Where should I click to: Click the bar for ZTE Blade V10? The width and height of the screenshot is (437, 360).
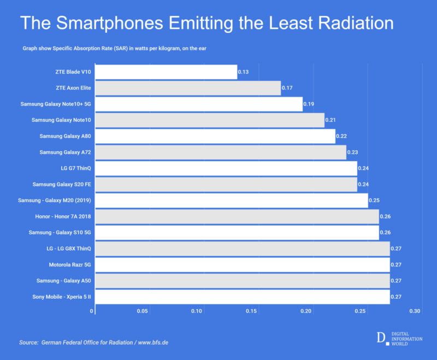167,72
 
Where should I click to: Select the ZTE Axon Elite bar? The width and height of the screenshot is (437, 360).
188,88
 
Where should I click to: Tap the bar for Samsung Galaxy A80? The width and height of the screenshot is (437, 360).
216,136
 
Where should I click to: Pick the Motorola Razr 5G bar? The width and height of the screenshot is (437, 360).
243,265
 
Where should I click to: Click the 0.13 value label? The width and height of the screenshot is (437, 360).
244,72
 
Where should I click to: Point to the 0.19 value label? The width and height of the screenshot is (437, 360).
309,104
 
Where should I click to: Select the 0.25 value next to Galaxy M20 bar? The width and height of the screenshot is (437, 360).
374,200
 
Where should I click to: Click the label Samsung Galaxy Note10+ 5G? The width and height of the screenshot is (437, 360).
55,104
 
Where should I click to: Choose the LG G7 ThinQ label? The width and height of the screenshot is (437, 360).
75,168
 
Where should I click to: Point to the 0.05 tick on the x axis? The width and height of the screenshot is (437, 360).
143,311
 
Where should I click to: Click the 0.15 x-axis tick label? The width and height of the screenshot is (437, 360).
251,311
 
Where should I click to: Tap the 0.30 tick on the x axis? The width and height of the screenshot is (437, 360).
415,311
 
